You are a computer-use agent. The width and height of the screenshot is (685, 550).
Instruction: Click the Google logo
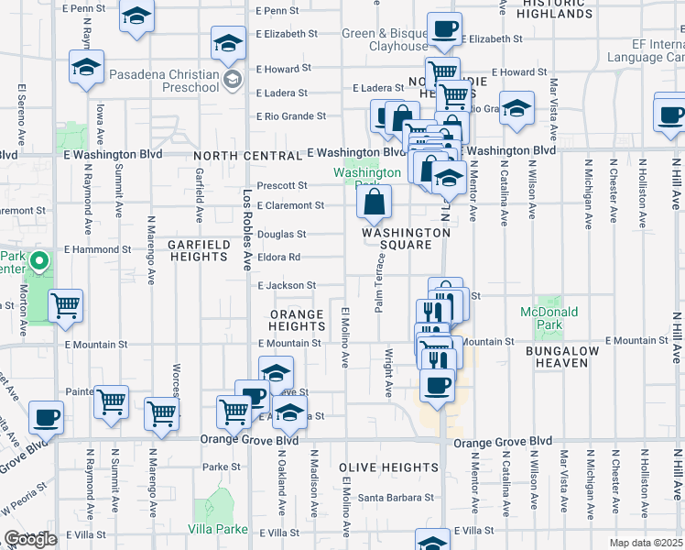click(x=31, y=539)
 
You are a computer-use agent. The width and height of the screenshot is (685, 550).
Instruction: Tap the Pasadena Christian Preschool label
click(x=165, y=81)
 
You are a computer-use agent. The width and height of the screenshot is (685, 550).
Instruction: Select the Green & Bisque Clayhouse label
click(x=385, y=39)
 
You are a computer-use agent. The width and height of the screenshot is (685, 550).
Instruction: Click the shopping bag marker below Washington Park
click(x=375, y=204)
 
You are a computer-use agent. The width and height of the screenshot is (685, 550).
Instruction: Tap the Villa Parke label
click(x=218, y=529)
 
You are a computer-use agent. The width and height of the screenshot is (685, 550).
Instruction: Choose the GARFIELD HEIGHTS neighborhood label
click(x=197, y=250)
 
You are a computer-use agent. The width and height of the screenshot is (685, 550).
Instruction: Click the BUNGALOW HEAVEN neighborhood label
click(x=562, y=357)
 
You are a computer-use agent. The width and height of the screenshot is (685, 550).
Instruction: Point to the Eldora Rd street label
click(x=280, y=258)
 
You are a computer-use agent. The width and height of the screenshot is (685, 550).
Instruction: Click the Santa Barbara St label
click(x=396, y=498)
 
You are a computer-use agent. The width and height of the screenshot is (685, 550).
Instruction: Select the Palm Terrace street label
click(x=376, y=282)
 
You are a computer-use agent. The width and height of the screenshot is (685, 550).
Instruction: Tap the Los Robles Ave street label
click(x=247, y=229)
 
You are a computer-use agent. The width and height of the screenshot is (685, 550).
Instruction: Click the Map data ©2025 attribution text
click(x=647, y=543)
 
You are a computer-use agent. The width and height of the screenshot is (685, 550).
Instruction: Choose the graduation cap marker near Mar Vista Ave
click(x=516, y=110)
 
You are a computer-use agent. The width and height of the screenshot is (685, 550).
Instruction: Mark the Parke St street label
click(x=222, y=467)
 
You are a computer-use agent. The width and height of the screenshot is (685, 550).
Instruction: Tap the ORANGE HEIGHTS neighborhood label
click(x=297, y=320)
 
